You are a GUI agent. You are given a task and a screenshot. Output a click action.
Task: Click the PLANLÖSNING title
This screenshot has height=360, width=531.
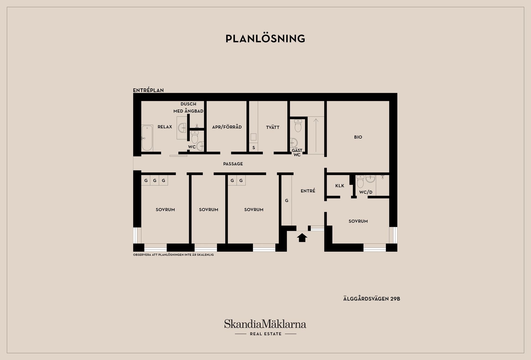point(265,38)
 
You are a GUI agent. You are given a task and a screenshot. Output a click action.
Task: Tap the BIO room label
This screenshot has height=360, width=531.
point(358,137)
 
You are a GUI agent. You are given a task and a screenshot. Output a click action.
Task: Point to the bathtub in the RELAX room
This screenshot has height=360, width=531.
point(147,138)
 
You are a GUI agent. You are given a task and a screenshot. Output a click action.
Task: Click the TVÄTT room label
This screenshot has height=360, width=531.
point(273,127)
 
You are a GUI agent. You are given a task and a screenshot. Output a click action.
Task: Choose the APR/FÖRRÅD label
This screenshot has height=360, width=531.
point(227,127)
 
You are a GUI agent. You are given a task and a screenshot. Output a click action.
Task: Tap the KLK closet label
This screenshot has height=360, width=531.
point(340,186)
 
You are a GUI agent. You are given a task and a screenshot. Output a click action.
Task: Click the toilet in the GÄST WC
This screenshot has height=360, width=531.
point(298,126)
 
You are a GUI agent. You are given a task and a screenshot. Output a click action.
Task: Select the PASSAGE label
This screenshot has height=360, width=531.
point(233,164)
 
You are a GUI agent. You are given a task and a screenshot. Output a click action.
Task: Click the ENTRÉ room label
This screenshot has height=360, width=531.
point(308,191)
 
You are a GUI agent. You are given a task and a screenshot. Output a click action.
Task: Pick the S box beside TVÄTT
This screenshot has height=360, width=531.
point(254,148)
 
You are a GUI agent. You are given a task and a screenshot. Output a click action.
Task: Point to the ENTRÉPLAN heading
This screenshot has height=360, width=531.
point(148,90)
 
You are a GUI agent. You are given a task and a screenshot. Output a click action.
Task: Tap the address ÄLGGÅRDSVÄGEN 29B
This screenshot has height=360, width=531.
point(372,299)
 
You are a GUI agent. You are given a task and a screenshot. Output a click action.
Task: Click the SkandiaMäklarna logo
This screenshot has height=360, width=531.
point(265,324)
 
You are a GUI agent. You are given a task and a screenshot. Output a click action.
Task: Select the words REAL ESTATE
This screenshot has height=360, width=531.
point(265,334)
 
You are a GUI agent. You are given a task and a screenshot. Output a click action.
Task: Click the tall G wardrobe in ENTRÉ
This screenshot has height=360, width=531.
point(287,200)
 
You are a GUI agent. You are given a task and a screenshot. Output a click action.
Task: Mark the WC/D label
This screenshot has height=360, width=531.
point(366,192)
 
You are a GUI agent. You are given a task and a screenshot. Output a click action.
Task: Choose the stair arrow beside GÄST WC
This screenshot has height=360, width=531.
point(316,135)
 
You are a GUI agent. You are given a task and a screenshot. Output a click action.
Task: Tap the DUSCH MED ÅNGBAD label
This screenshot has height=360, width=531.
point(188,108)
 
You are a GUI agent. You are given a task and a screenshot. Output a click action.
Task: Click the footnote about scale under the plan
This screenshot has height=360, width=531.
point(173,255)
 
